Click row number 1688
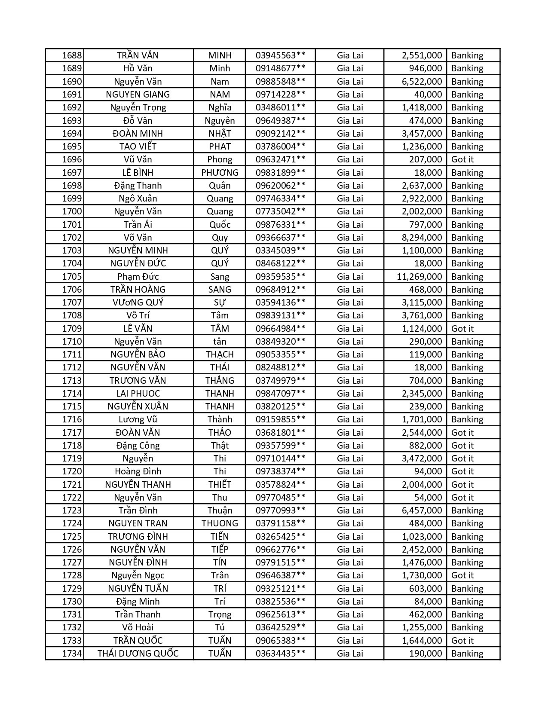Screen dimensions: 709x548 tap(72, 55)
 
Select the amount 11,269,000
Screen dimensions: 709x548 tap(419, 277)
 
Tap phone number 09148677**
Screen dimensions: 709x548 tap(280, 68)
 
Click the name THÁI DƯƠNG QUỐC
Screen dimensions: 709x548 tap(138, 654)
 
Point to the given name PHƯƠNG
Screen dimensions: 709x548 tap(220, 173)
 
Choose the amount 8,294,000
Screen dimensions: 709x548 tap(422, 238)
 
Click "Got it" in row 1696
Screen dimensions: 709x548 tap(462, 159)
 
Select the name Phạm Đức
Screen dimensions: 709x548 tap(138, 277)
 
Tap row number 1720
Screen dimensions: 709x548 tap(72, 471)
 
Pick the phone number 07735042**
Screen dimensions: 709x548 tap(280, 211)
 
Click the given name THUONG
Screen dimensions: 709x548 tap(220, 523)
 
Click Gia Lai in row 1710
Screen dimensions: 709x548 tap(350, 342)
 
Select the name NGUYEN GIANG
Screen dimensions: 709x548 tap(138, 95)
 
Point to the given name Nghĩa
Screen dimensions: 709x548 tap(220, 107)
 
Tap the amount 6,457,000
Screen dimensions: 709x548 tap(422, 510)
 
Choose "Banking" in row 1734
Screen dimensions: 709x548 tap(467, 654)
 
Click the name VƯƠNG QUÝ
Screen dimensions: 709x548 tap(138, 303)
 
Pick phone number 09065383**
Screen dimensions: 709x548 tap(280, 641)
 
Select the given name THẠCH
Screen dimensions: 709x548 tap(220, 354)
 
